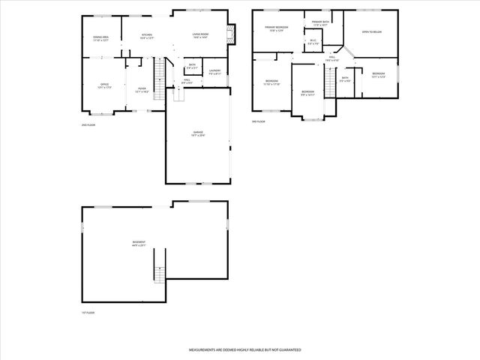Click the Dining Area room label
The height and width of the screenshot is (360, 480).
click(100, 38)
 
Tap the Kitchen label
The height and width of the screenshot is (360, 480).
click(148, 35)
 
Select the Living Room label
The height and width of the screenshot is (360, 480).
click(201, 35)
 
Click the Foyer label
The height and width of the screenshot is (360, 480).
click(141, 89)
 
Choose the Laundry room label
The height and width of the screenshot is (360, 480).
click(214, 71)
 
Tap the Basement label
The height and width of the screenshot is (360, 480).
click(139, 244)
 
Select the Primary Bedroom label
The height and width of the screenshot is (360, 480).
click(277, 28)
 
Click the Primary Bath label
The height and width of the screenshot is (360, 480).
click(321, 23)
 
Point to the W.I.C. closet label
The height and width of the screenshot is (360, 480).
click(313, 42)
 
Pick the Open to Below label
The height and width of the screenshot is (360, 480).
click(371, 32)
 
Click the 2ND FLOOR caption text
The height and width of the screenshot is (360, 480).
click(89, 124)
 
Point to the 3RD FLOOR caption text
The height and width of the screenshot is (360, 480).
click(259, 121)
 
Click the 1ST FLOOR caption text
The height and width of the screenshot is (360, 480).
click(88, 312)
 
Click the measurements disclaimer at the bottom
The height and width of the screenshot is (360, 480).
click(239, 350)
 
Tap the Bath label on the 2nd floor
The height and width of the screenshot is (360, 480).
click(193, 67)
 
